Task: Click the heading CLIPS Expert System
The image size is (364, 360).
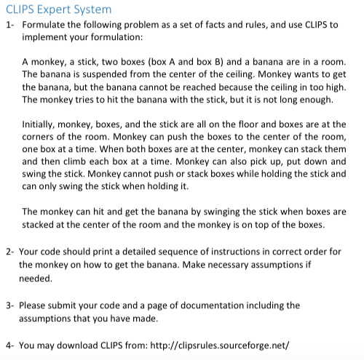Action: [58, 9]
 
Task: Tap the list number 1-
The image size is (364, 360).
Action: [9, 25]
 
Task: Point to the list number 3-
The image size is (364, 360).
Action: [9, 305]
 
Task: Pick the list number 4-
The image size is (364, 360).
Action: [9, 345]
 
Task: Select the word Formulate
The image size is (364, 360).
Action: [46, 25]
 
